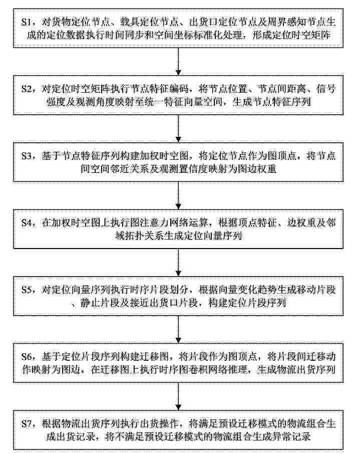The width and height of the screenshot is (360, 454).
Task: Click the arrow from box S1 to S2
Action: pyautogui.click(x=179, y=61)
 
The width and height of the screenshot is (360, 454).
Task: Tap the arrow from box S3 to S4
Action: pyautogui.click(x=179, y=195)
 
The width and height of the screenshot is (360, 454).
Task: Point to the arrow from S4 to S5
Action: pyautogui.click(x=179, y=262)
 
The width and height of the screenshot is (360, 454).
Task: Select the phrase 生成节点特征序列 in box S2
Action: pyautogui.click(x=271, y=102)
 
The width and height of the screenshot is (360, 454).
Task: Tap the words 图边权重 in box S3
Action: pyautogui.click(x=257, y=169)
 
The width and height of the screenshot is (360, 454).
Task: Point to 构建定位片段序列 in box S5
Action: pyautogui.click(x=247, y=303)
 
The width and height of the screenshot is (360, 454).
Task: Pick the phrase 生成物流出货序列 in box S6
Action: pyautogui.click(x=296, y=370)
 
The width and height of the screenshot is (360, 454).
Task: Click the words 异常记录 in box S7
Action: pyautogui.click(x=291, y=436)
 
